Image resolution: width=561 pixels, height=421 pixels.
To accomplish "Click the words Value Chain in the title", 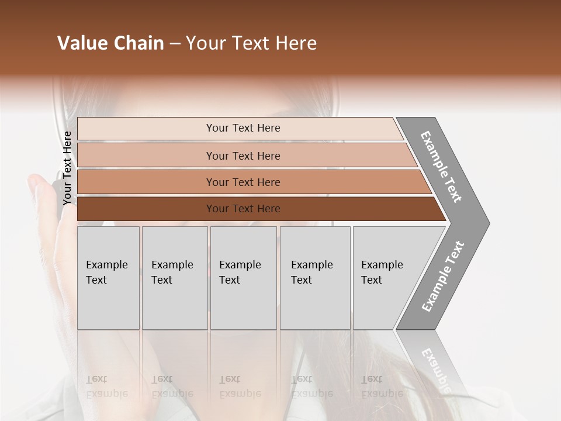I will click(x=110, y=43).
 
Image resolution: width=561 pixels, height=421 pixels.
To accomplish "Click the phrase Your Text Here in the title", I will click(x=251, y=43).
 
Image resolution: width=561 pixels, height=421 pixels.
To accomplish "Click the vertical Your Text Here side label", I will click(x=67, y=168).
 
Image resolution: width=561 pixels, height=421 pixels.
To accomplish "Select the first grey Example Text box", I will click(x=108, y=277).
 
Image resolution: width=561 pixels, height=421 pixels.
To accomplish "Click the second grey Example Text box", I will click(x=175, y=277).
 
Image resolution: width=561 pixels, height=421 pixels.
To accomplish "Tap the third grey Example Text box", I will click(x=243, y=277).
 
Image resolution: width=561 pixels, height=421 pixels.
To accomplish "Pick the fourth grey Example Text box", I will click(x=315, y=277).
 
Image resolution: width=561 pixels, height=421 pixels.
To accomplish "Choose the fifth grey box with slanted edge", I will click(x=389, y=277).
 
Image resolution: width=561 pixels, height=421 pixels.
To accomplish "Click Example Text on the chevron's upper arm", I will click(x=441, y=167).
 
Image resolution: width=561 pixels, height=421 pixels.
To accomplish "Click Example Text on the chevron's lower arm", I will click(x=442, y=276).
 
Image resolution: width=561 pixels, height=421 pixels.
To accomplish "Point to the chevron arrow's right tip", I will click(x=488, y=223).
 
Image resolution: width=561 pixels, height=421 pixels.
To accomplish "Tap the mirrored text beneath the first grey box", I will click(x=106, y=387).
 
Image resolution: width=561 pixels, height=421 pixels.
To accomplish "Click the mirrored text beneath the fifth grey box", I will click(x=381, y=387).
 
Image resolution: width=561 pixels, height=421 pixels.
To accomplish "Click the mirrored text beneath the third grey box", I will click(x=240, y=387).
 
